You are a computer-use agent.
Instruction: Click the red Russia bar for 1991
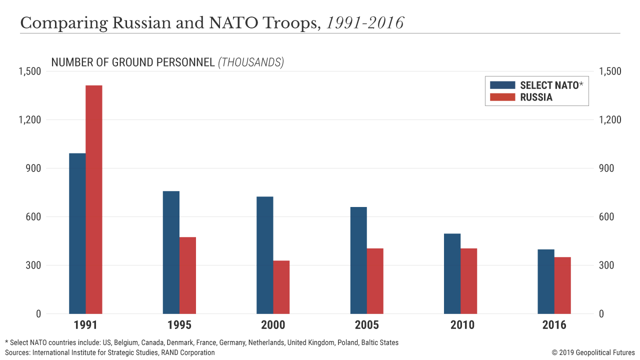[94, 199]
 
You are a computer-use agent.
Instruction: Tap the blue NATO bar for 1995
[171, 252]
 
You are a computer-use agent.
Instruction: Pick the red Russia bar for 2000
[281, 287]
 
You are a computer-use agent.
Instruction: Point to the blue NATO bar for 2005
[358, 260]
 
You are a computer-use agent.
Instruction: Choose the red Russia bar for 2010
[469, 281]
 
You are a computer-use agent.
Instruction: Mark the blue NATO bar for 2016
[546, 281]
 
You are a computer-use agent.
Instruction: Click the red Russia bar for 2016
[562, 285]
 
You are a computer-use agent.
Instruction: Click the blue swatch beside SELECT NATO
[502, 85]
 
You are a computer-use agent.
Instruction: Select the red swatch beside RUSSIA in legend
[502, 97]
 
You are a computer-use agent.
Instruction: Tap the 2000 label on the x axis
[273, 325]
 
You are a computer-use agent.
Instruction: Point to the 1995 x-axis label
[179, 325]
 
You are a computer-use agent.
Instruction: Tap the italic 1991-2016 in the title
[365, 23]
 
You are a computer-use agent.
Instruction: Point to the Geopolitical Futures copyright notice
[593, 352]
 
